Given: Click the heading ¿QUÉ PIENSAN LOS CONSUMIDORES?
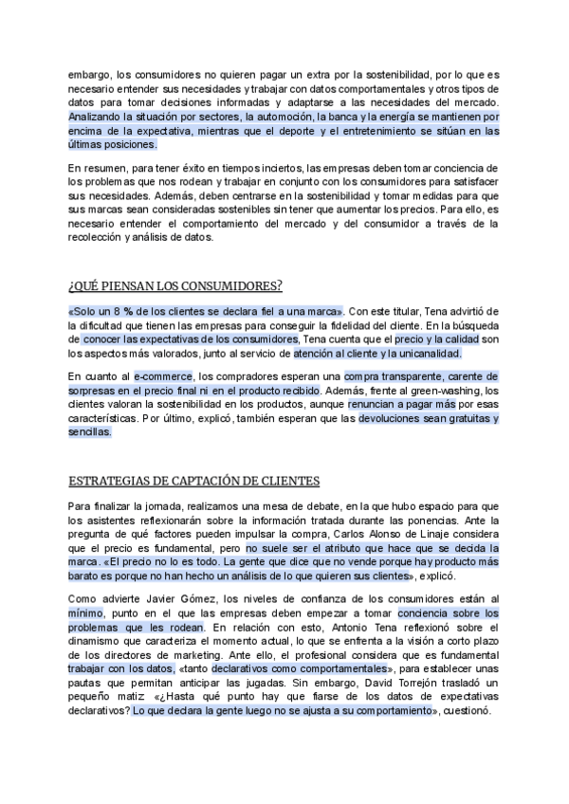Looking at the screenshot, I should pyautogui.click(x=175, y=286).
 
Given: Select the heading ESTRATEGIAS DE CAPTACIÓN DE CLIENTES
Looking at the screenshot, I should pyautogui.click(x=193, y=483).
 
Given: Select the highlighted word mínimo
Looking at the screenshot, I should pyautogui.click(x=85, y=614).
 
